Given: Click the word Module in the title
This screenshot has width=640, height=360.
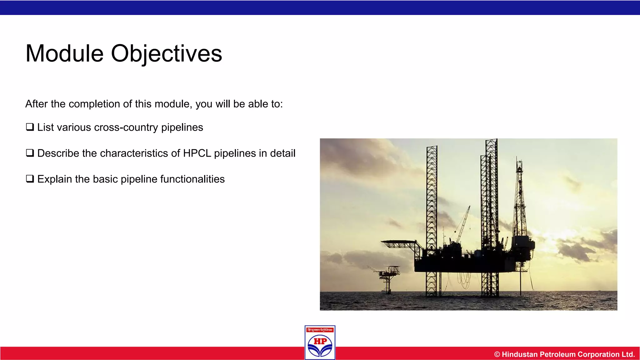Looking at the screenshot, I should coord(64,54).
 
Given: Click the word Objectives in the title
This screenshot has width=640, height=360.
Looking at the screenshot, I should coord(166,54).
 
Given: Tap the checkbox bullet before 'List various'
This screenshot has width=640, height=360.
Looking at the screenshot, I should coord(30,127).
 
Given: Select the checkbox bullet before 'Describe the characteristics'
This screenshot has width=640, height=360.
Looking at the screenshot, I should coord(30,153).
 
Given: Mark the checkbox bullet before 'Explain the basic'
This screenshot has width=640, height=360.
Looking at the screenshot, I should coord(30,179).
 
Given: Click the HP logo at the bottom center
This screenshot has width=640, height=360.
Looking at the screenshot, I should coord(320,345).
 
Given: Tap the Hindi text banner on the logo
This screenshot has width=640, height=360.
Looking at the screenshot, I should coord(320,330).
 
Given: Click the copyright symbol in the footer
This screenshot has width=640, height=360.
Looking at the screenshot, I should coord(497,354).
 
